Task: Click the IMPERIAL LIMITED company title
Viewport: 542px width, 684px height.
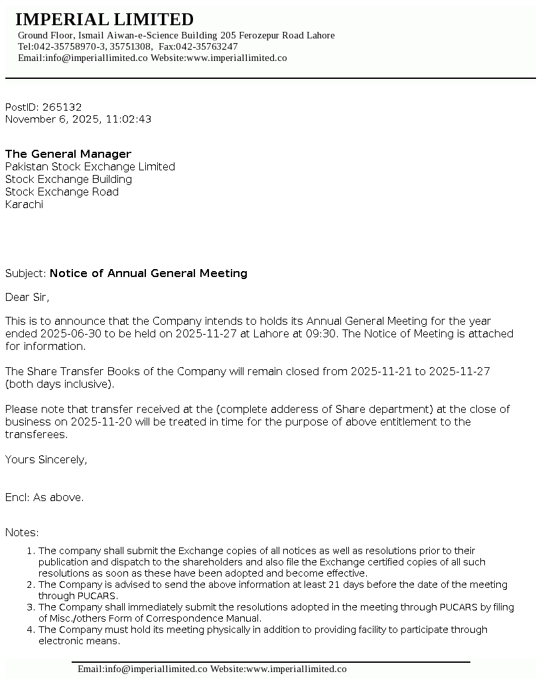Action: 104,19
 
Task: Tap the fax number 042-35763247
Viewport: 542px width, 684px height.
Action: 206,46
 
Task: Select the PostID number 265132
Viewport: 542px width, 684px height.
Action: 62,107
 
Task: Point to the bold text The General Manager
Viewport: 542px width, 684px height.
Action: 68,154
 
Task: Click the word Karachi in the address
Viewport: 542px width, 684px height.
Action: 24,204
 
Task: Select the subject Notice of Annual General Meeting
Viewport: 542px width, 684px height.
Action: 148,273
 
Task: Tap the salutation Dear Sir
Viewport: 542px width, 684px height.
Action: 27,297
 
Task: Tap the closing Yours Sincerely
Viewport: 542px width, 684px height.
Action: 46,459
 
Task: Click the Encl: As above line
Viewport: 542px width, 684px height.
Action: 44,497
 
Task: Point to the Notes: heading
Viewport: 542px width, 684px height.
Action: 22,532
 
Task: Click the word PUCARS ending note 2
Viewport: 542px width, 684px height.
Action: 78,596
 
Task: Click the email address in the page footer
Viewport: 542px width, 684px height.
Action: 143,669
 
